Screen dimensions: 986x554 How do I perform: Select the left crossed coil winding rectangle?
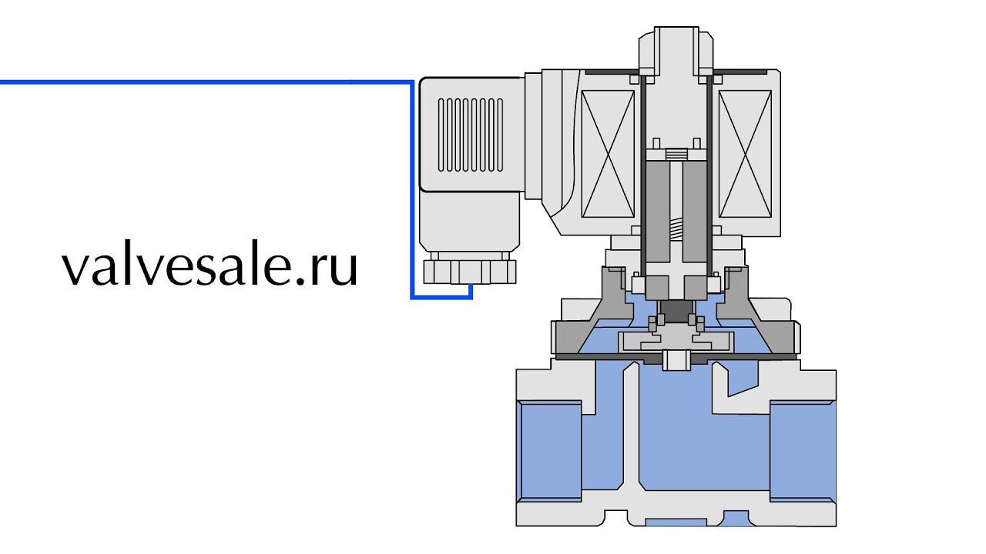[608, 154]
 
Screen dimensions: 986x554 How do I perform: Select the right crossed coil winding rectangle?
[745, 154]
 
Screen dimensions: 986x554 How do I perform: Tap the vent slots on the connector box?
[471, 135]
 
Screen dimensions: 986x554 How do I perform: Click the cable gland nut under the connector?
[470, 272]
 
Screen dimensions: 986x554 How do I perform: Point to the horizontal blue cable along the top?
[206, 82]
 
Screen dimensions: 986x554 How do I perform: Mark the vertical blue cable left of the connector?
[412, 190]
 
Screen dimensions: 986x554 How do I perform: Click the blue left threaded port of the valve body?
[549, 451]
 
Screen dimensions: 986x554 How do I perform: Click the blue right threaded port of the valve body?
[803, 451]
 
